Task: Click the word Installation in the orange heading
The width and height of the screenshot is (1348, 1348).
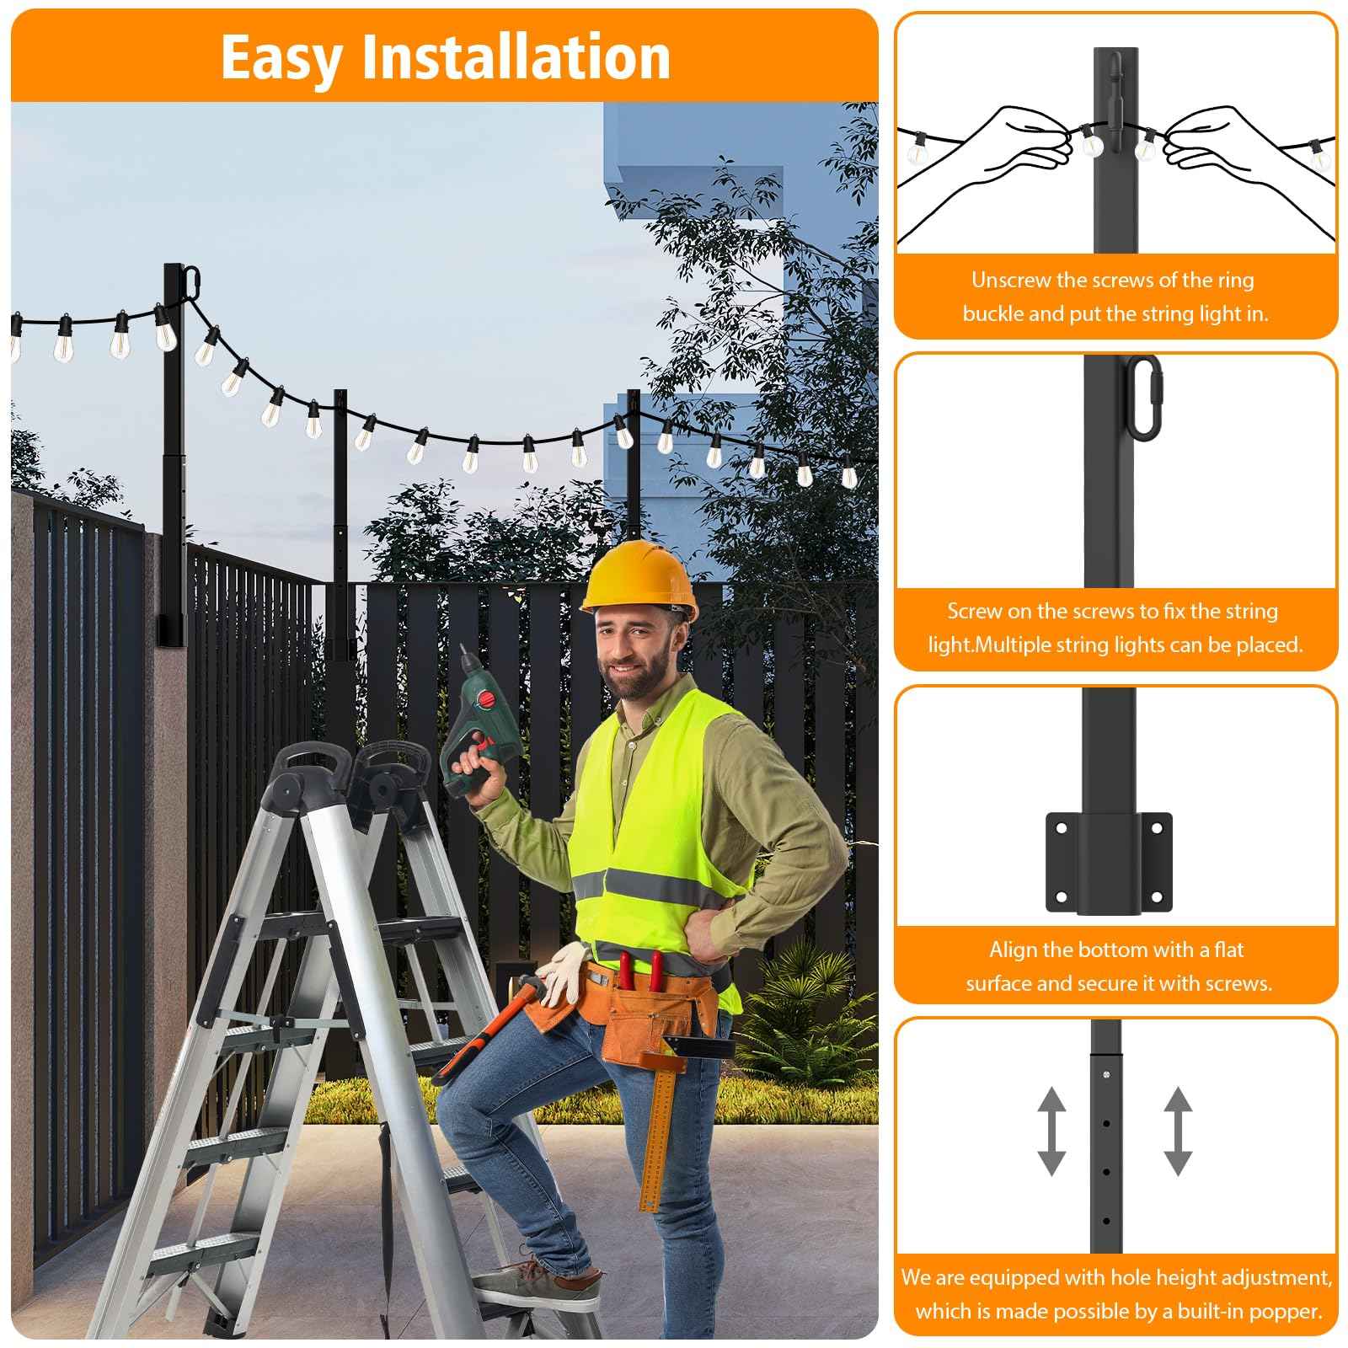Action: (x=516, y=57)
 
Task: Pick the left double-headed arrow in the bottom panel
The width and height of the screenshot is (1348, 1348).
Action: (x=1051, y=1131)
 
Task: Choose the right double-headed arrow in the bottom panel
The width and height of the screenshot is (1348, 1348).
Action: (x=1178, y=1131)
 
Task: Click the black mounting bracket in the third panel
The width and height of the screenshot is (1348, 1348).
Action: (x=1108, y=862)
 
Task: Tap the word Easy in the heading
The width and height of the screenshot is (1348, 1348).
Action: (x=281, y=57)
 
